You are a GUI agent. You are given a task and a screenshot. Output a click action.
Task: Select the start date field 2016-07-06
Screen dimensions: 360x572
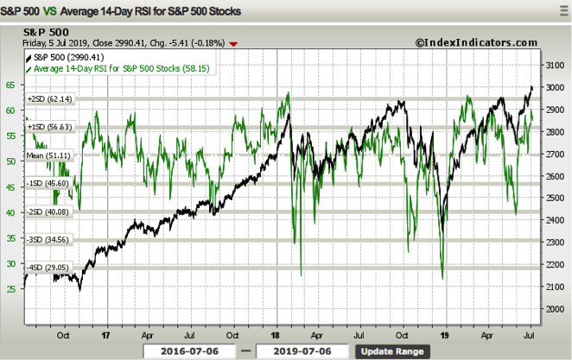pyautogui.click(x=190, y=351)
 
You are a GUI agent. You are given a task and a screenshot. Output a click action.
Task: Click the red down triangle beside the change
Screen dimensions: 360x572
pyautogui.click(x=231, y=42)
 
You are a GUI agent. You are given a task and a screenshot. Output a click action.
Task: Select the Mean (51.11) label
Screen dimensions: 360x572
pyautogui.click(x=49, y=155)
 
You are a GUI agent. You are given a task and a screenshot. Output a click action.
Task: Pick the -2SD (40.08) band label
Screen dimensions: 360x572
pyautogui.click(x=50, y=212)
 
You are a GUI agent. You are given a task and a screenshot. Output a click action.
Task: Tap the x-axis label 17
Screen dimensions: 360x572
pyautogui.click(x=105, y=332)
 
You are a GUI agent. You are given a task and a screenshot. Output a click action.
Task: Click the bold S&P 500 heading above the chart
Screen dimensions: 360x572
pyautogui.click(x=48, y=31)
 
